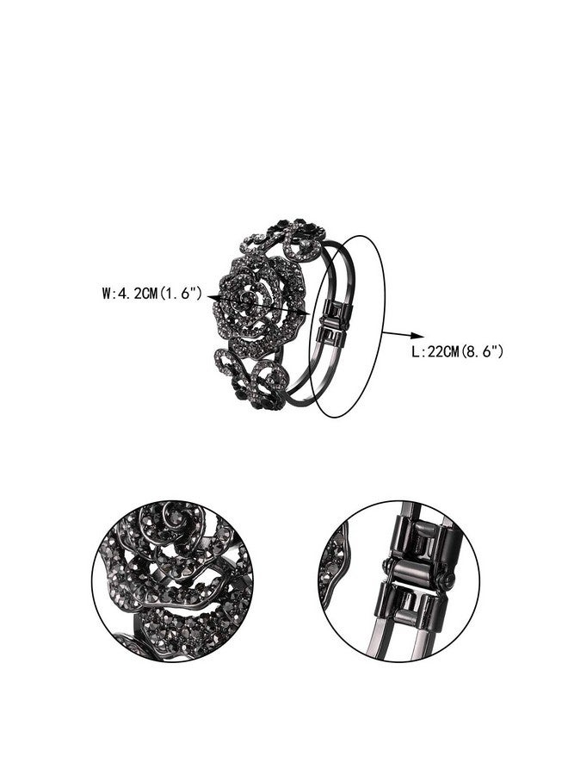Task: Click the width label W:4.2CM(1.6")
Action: click(152, 294)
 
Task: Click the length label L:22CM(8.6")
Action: click(458, 352)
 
